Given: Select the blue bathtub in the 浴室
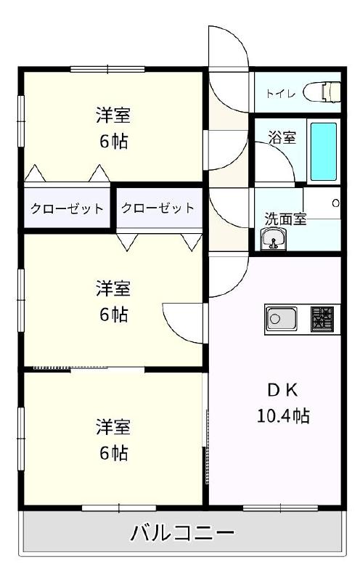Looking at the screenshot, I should [324, 151].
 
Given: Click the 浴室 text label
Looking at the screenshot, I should [282, 137].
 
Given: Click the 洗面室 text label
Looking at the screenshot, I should [285, 217].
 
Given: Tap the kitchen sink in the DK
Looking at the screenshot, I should [281, 318].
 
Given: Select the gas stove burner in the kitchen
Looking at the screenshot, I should [322, 318].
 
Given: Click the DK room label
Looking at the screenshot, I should [282, 390].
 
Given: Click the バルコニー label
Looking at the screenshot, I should [182, 535].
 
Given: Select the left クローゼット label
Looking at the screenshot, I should [67, 208].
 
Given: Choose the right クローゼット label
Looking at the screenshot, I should [157, 208].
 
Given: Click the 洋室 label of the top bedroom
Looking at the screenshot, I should [113, 115].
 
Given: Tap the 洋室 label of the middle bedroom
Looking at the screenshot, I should [113, 289].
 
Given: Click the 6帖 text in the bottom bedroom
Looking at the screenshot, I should [113, 453].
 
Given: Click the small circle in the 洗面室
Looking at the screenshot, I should [335, 203].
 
